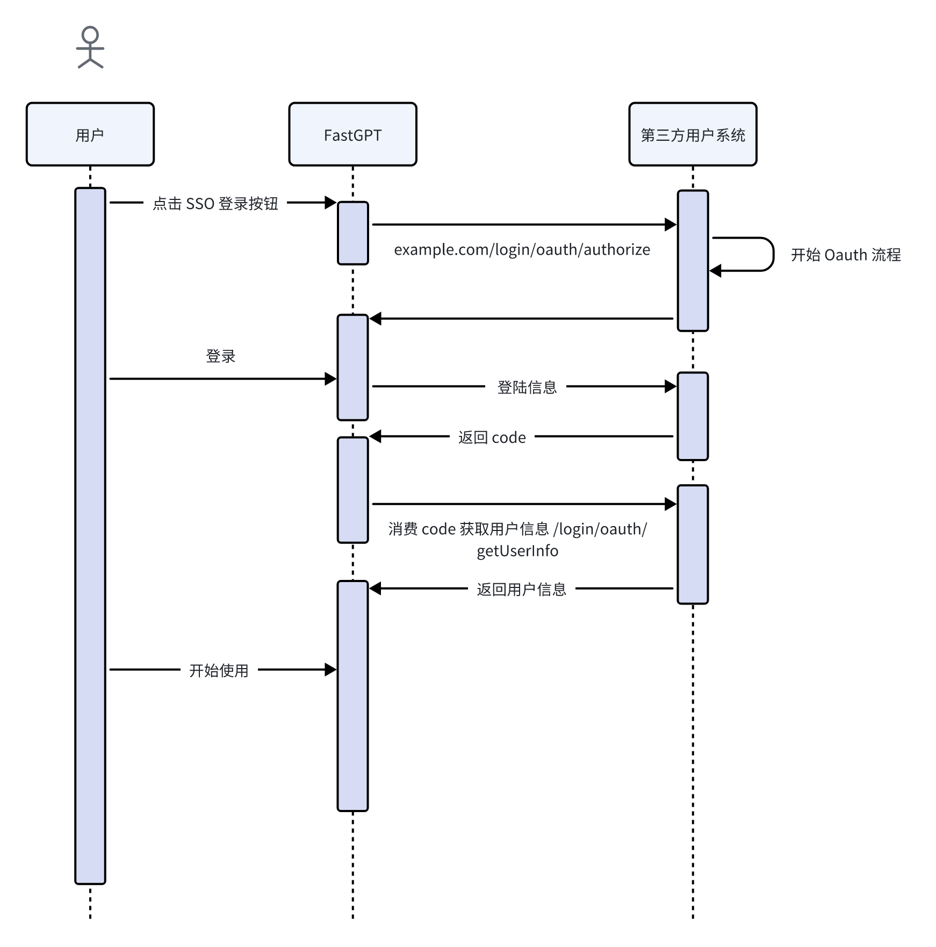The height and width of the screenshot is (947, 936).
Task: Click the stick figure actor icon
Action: [x=90, y=48]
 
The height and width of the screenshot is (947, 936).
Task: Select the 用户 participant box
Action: [x=90, y=134]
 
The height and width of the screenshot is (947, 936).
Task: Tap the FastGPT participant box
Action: [x=352, y=134]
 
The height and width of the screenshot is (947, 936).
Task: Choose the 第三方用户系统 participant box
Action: [x=693, y=134]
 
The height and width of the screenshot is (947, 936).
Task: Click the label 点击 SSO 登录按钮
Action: [x=215, y=204]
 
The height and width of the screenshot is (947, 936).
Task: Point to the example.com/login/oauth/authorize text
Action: [x=522, y=250]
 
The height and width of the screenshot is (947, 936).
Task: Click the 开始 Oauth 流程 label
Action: [x=846, y=255]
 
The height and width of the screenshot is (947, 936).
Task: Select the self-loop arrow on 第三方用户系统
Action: [x=772, y=254]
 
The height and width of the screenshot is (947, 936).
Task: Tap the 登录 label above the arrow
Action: [x=221, y=356]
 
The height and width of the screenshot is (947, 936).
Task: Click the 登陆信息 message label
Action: [x=527, y=387]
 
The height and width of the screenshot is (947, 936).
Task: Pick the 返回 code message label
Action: [x=492, y=437]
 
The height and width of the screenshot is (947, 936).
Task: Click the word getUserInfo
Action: [x=517, y=551]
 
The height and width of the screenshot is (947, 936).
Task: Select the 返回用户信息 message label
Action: [x=521, y=590]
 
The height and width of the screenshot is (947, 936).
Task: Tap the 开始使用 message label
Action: [x=219, y=670]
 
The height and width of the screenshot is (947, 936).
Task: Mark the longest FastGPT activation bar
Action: [x=352, y=695]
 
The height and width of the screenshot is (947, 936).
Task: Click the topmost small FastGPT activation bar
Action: [x=352, y=233]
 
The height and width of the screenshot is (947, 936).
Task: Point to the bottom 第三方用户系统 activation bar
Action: [x=693, y=544]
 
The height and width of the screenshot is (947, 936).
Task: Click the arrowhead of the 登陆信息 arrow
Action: [x=671, y=386]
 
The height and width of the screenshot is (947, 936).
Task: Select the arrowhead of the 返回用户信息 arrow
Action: [x=376, y=589]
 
